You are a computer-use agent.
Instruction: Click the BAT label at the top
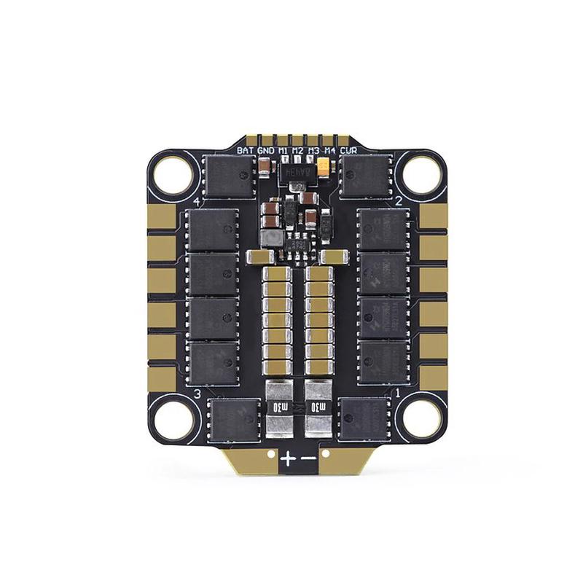245,151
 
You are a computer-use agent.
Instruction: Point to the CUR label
349,151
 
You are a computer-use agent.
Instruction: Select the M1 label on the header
283,151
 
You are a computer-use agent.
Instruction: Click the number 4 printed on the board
197,201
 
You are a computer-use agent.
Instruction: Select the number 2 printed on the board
398,201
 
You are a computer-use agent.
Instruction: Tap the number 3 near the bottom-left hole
197,394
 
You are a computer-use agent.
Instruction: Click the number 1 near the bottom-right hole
398,394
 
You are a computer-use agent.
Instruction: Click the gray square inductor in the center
271,238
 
